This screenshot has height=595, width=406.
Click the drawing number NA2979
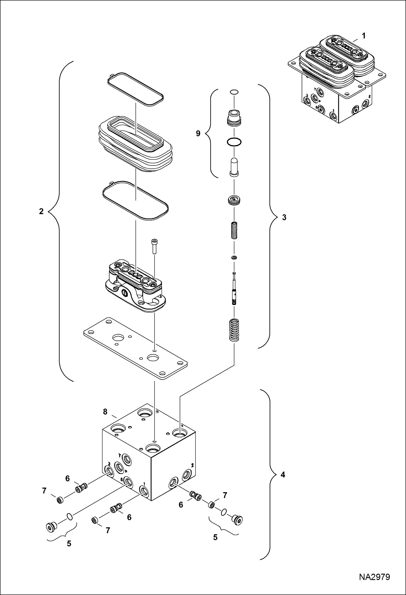pyautogui.click(x=374, y=577)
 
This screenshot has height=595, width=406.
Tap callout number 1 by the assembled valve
pyautogui.click(x=364, y=36)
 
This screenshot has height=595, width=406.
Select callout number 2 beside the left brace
pyautogui.click(x=41, y=211)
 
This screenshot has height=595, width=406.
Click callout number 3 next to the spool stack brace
pyautogui.click(x=284, y=217)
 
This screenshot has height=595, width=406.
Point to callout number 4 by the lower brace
pyautogui.click(x=283, y=475)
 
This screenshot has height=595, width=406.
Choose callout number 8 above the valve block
pyautogui.click(x=105, y=412)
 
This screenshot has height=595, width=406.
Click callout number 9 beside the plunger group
pyautogui.click(x=198, y=133)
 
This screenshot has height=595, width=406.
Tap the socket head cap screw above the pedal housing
pyautogui.click(x=154, y=246)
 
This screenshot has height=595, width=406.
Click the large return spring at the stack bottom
pyautogui.click(x=234, y=330)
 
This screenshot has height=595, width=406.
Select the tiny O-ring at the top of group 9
pyautogui.click(x=234, y=92)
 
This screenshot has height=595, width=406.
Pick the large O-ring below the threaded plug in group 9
pyautogui.click(x=234, y=142)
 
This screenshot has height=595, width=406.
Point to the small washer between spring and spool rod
pyautogui.click(x=234, y=257)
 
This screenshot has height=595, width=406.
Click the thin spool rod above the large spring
pyautogui.click(x=234, y=289)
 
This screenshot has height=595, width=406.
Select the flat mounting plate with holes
pyautogui.click(x=135, y=348)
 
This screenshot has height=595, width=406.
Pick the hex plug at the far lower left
pyautogui.click(x=51, y=527)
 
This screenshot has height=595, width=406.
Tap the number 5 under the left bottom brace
pyautogui.click(x=69, y=543)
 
